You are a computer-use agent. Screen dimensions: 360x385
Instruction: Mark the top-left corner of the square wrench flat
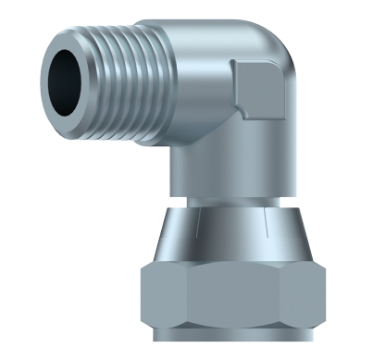(x=237, y=62)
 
